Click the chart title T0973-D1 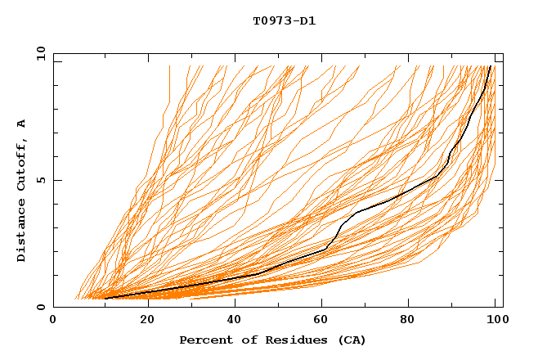[x=285, y=20]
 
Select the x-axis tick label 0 [x=53, y=321]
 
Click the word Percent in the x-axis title [x=204, y=340]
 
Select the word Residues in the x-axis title [x=281, y=340]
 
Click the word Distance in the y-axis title [x=21, y=232]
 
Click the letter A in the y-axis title [x=21, y=124]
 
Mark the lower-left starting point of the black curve [x=104, y=298]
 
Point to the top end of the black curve [x=490, y=66]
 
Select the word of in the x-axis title [x=243, y=340]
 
